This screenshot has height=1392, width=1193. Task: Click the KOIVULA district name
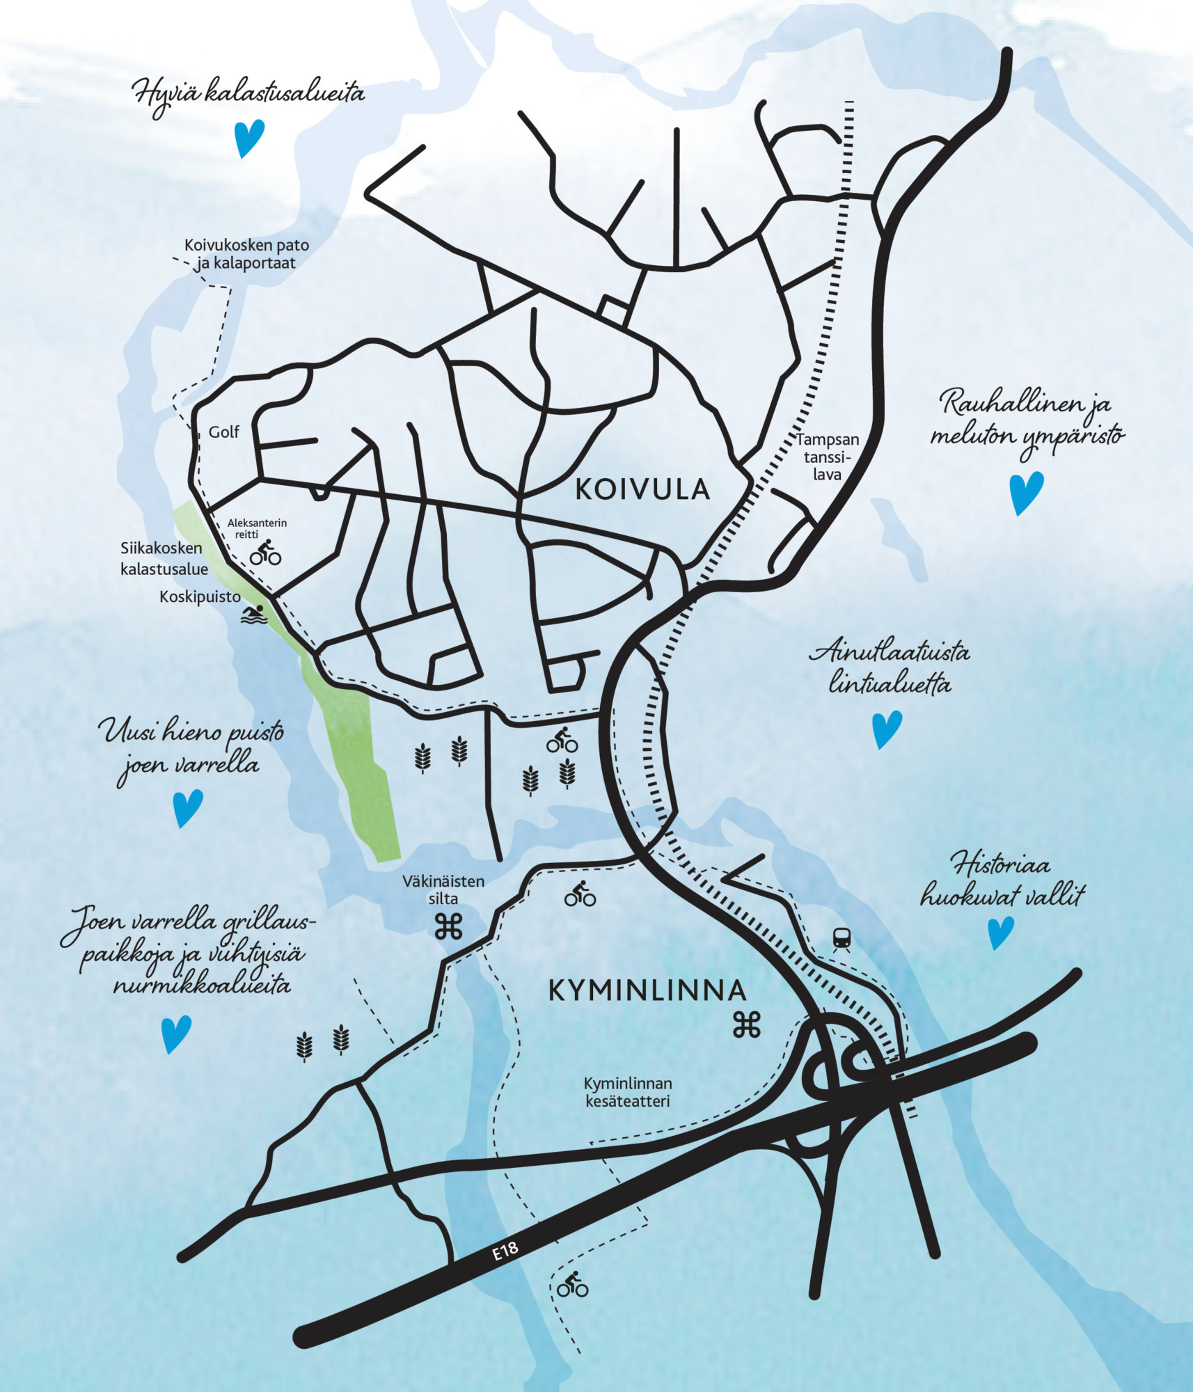pyautogui.click(x=642, y=490)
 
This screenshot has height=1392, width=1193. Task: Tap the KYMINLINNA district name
pyautogui.click(x=647, y=990)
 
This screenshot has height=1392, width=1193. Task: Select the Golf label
pyautogui.click(x=223, y=432)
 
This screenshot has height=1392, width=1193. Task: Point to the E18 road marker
pyautogui.click(x=506, y=1251)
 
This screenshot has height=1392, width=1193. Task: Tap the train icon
pyautogui.click(x=842, y=940)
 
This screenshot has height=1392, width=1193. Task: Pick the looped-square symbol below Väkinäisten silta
pyautogui.click(x=448, y=926)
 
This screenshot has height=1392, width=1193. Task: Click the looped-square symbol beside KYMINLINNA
pyautogui.click(x=746, y=1025)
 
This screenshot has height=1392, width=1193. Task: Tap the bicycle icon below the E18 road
pyautogui.click(x=572, y=1284)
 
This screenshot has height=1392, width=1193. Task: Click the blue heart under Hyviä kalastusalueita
pyautogui.click(x=248, y=138)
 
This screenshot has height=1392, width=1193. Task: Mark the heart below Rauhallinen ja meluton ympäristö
pyautogui.click(x=1026, y=492)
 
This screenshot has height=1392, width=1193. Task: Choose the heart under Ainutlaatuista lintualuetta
pyautogui.click(x=887, y=729)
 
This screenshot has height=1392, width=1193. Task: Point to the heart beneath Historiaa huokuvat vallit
pyautogui.click(x=1001, y=932)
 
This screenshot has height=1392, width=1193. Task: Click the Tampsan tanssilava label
pyautogui.click(x=827, y=457)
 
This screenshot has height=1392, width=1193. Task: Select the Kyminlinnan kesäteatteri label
pyautogui.click(x=628, y=1092)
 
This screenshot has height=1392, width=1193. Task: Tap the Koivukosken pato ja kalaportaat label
pyautogui.click(x=246, y=254)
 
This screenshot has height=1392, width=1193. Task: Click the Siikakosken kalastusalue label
pyautogui.click(x=164, y=559)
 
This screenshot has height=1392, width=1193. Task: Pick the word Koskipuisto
pyautogui.click(x=200, y=596)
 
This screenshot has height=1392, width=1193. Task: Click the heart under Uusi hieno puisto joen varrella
pyautogui.click(x=187, y=807)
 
